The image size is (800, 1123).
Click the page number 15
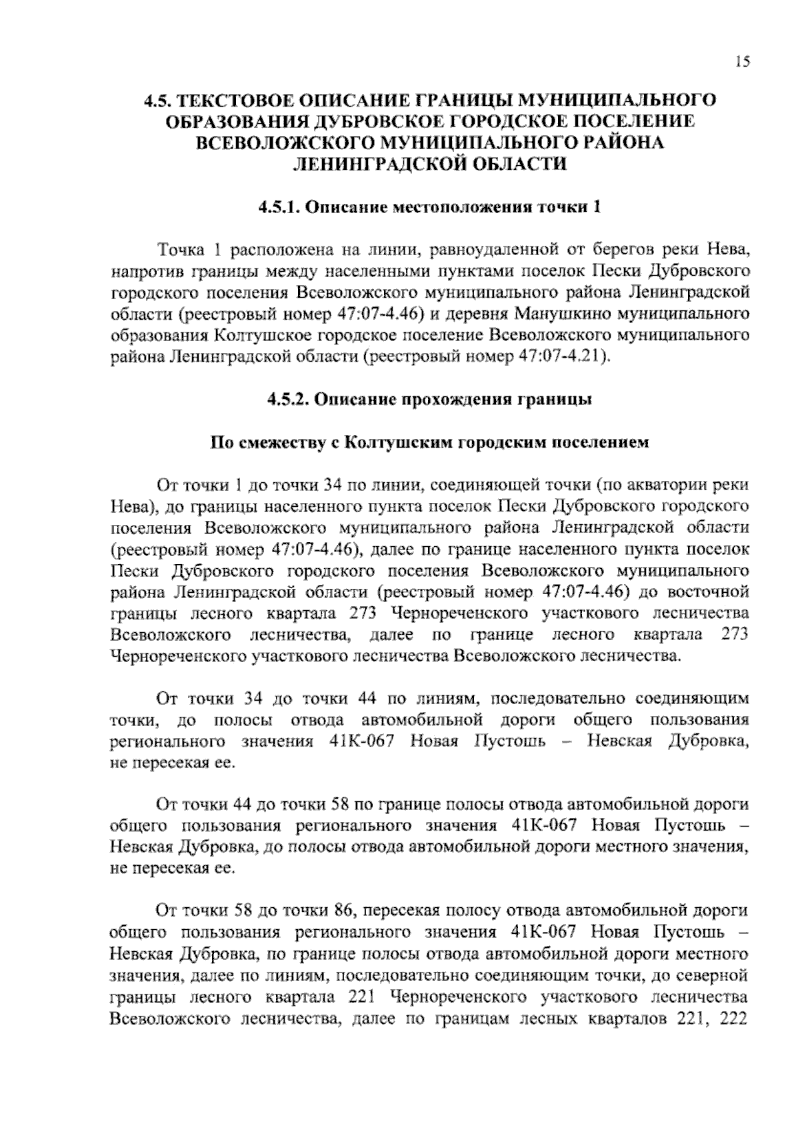click(743, 62)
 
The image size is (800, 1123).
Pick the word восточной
click(708, 591)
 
